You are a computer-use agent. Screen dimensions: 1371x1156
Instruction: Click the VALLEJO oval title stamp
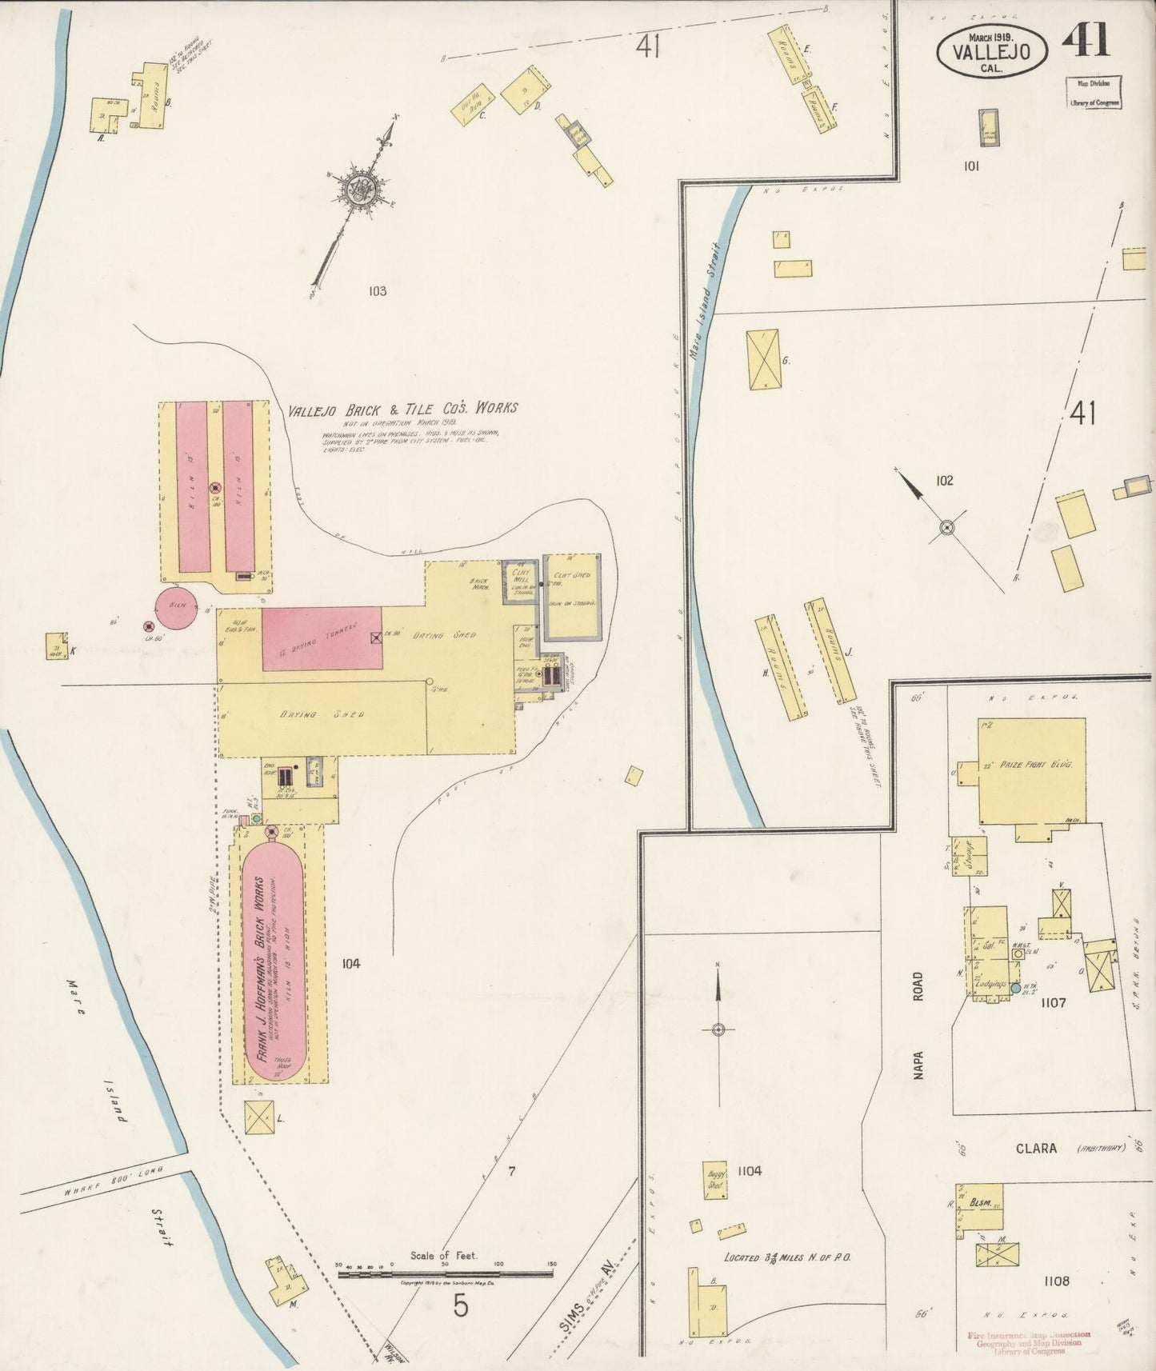[992, 50]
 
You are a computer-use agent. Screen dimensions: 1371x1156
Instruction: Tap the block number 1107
[1049, 1002]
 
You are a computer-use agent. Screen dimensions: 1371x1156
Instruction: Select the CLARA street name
[1037, 1149]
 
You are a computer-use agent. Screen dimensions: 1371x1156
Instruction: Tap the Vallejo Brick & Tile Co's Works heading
[402, 409]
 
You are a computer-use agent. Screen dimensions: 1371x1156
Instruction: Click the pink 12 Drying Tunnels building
[322, 638]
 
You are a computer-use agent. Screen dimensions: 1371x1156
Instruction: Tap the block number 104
[350, 964]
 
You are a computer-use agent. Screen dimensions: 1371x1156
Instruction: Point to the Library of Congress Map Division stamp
[1093, 92]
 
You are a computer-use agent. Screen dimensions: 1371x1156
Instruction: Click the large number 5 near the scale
[460, 1306]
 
